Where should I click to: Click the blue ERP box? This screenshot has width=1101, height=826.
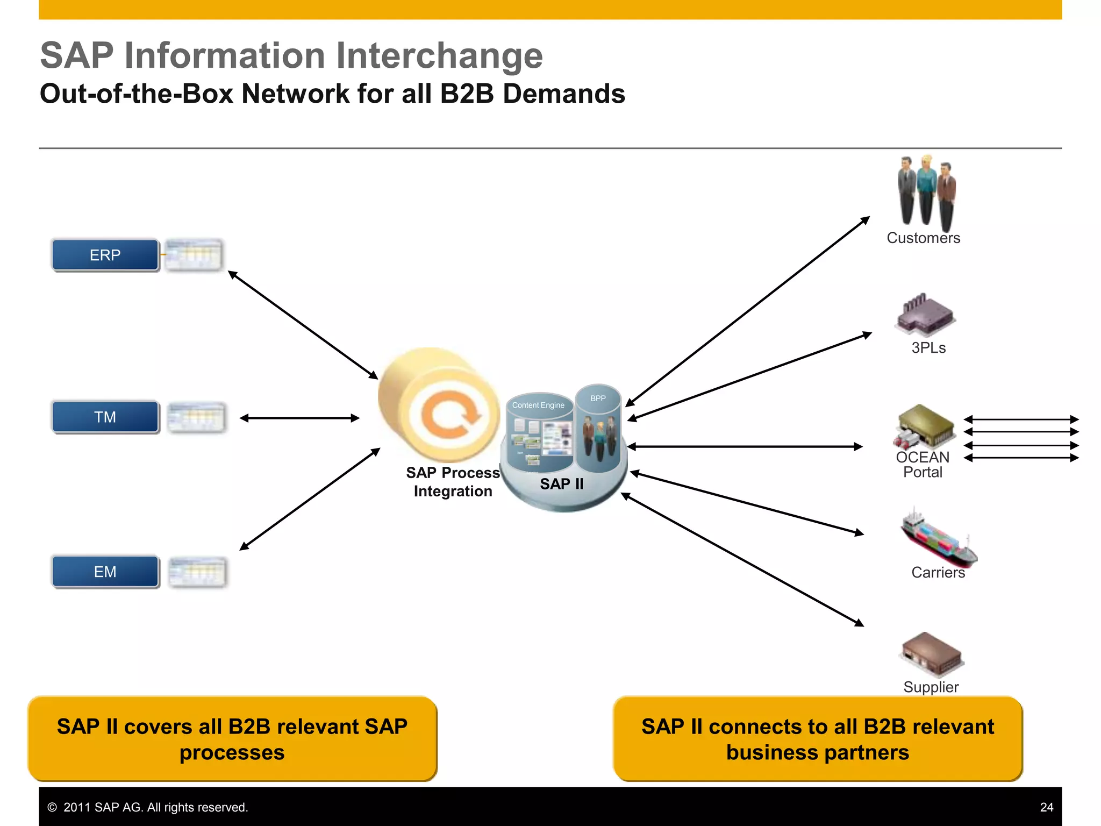click(x=105, y=255)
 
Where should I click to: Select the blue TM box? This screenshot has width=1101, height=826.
click(x=105, y=417)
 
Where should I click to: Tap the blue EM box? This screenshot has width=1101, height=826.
click(x=105, y=572)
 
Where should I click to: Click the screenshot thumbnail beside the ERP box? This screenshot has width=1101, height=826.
click(x=193, y=254)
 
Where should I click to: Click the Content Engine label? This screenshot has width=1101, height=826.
click(x=538, y=405)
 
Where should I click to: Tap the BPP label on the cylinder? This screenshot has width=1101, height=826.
click(x=598, y=398)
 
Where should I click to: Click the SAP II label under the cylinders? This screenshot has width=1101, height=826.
click(x=562, y=484)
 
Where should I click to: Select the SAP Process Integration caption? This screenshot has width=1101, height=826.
click(x=453, y=482)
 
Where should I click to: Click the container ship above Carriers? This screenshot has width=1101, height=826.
click(x=938, y=538)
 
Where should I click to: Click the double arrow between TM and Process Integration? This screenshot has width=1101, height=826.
click(x=299, y=418)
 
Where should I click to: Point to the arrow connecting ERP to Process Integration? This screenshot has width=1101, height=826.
click(x=303, y=325)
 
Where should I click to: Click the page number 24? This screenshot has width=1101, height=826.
click(x=1046, y=807)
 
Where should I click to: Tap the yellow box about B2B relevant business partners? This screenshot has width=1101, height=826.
click(x=817, y=739)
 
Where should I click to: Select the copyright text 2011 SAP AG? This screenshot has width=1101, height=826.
click(x=148, y=807)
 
